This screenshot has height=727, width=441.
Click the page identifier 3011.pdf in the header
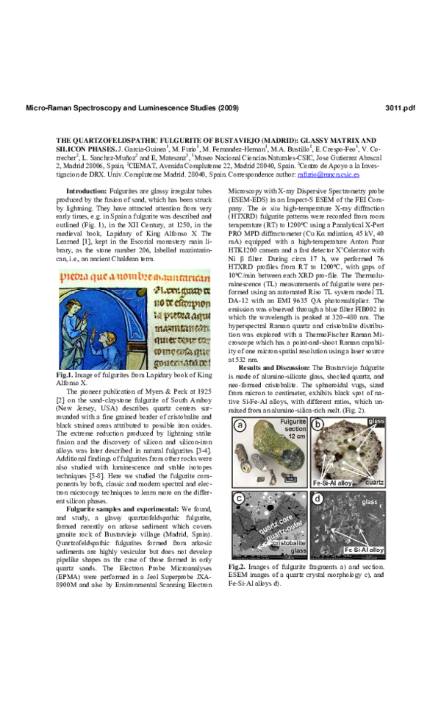(x=400, y=108)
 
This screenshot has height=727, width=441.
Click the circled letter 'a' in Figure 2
(x=240, y=425)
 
